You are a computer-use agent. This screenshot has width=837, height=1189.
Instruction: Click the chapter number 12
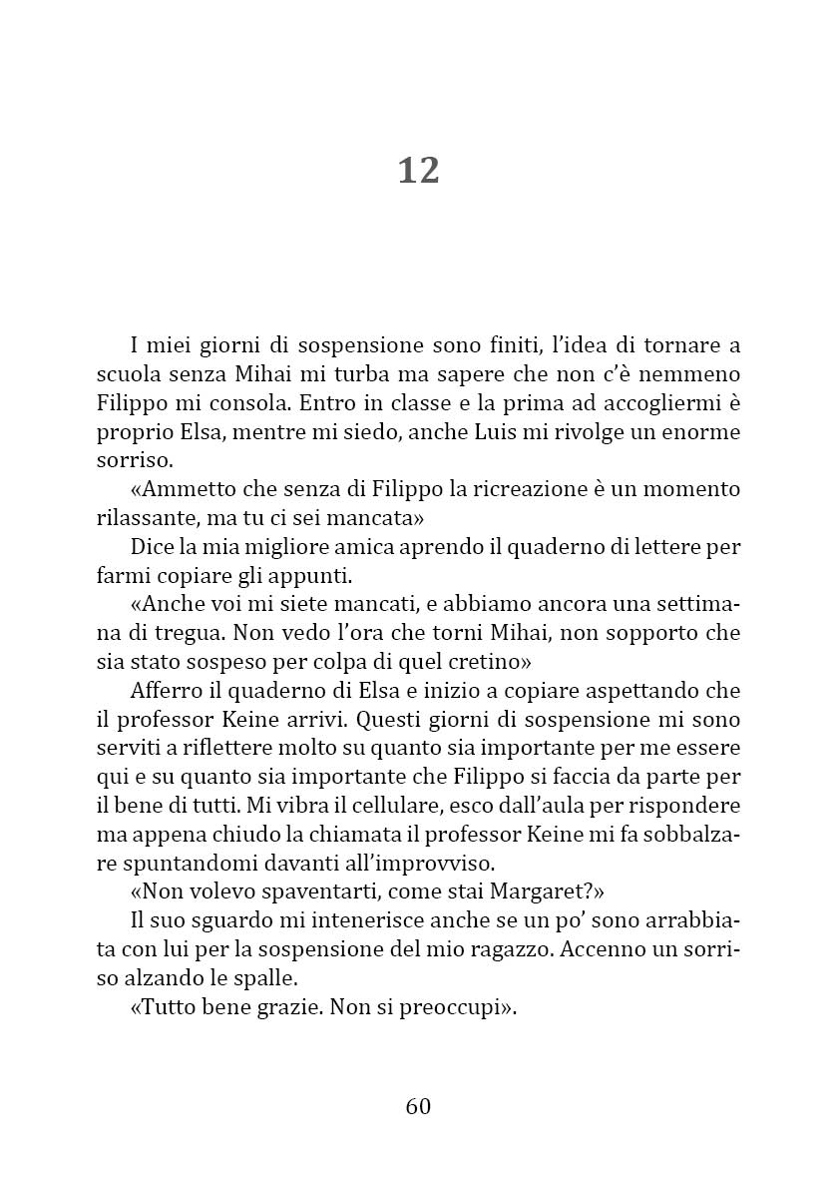418,171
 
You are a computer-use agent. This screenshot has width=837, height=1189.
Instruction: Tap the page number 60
418,1106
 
